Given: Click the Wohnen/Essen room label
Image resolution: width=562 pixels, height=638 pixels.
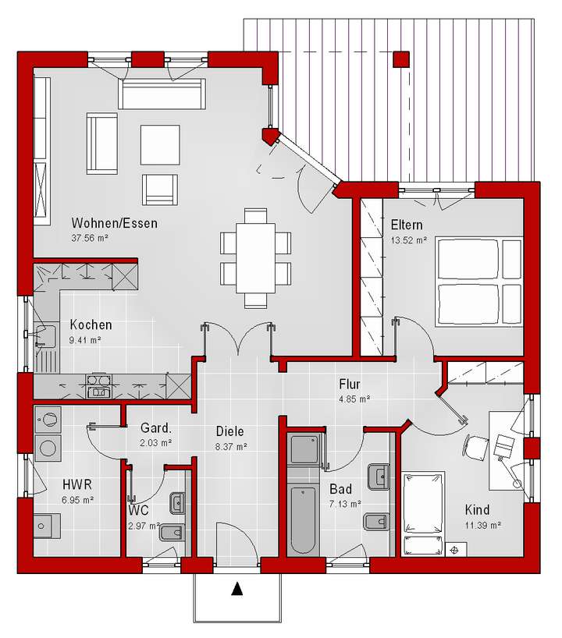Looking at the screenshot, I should tap(114, 223).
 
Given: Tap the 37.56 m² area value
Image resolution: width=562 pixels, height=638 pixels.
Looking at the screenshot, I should tap(89, 238).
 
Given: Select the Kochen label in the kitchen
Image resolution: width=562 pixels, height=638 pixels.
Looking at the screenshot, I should tap(91, 324).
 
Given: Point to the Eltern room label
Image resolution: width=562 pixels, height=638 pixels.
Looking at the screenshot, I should tap(407, 225).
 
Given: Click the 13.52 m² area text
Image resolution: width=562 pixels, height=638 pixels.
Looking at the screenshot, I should tap(408, 240).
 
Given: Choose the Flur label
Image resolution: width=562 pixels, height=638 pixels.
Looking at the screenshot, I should tap(350, 384).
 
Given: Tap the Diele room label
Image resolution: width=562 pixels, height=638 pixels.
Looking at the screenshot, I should tap(230, 431).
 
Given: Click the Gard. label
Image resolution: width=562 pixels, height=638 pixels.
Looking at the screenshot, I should tap(155, 428).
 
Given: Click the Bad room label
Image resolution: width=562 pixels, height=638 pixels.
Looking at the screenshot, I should tap(340, 489).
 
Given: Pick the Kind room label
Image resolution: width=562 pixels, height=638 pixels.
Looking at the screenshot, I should tap(478, 509).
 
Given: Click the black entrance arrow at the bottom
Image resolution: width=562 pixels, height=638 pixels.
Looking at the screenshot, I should tap(237, 590).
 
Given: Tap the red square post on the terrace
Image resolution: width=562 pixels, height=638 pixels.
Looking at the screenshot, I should tap(401, 59).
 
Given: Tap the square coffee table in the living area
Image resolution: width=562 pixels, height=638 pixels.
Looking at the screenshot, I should tap(160, 143).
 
